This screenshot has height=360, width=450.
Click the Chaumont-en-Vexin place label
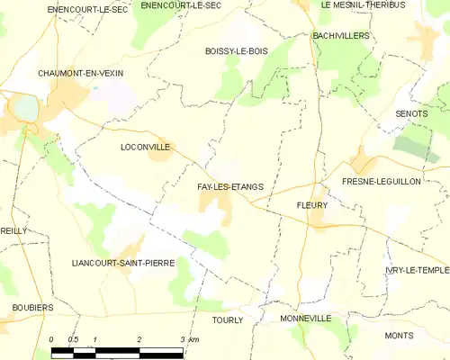click(x=81, y=73)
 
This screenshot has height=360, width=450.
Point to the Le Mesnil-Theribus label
click(x=363, y=5)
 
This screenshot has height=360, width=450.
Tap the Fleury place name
click(x=311, y=205)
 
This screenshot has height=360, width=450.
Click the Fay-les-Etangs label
click(x=230, y=187)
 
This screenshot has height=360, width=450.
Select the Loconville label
click(x=145, y=146)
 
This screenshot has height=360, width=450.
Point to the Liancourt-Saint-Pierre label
click(x=122, y=263)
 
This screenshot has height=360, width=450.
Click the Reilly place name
click(x=14, y=231)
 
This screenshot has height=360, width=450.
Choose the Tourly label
click(x=228, y=319)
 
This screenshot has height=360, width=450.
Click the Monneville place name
click(x=306, y=319)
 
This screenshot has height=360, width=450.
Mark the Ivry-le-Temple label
click(x=416, y=270)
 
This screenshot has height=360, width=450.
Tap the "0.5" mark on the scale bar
click(x=74, y=338)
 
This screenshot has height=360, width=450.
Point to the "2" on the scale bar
click(x=139, y=338)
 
